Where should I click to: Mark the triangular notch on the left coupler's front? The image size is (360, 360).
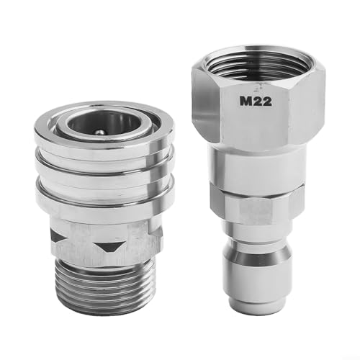pyautogui.click(x=108, y=246)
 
